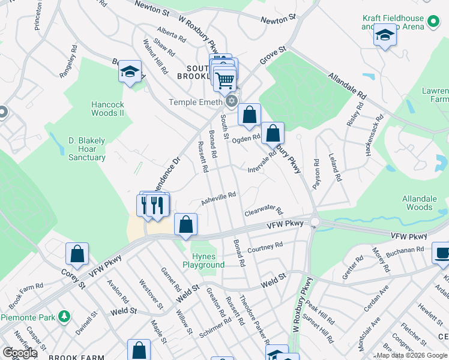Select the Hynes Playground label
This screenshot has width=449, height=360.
[204, 260]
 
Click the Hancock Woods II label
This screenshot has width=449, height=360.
[107, 108]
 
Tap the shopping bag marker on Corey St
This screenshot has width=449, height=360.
[77, 254]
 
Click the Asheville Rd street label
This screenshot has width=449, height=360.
[218, 198]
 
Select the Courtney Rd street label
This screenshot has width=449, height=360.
[265, 247]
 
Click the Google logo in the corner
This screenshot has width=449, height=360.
[19, 353]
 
